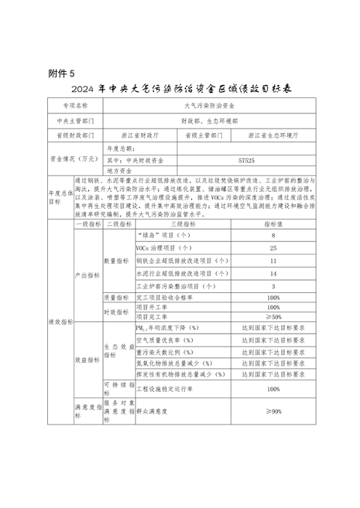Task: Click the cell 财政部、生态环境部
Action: click(209, 120)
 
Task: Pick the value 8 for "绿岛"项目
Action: click(273, 236)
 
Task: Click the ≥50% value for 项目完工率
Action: click(273, 317)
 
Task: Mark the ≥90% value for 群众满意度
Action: click(273, 411)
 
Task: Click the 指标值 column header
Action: click(273, 225)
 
